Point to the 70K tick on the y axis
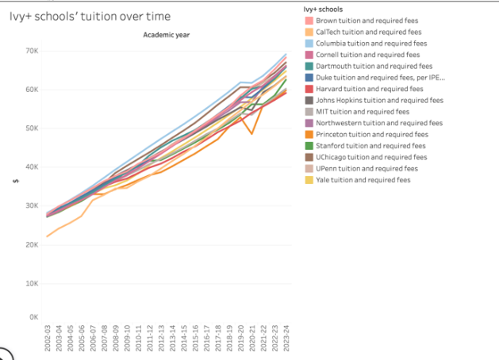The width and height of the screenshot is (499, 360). click(33, 52)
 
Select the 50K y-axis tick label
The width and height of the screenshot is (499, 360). click(33, 128)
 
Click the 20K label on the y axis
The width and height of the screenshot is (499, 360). click(33, 245)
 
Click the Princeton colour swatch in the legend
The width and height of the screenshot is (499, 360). click(309, 135)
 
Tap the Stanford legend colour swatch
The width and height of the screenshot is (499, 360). click(309, 146)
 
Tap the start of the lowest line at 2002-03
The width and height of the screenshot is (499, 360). click(48, 236)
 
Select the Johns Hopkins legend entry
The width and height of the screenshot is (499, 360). click(379, 100)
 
